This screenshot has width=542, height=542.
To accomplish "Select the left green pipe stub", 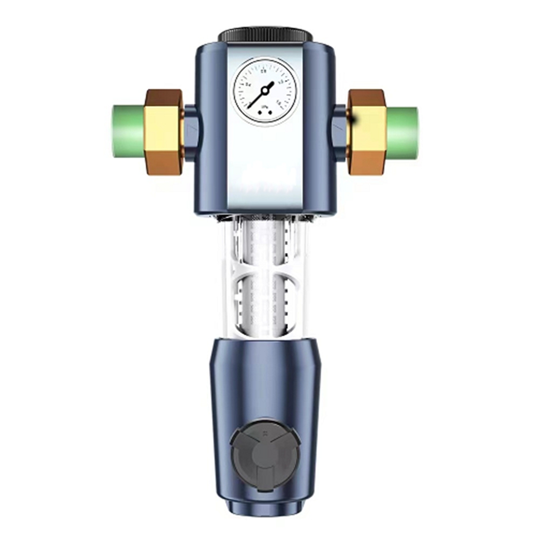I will pos(128,132).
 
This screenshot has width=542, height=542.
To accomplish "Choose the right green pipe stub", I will pos(403,132).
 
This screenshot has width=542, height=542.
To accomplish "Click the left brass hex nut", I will pos(164,132).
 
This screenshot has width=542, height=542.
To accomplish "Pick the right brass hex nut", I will pos(367,132).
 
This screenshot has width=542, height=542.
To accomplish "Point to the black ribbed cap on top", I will pos(265,35).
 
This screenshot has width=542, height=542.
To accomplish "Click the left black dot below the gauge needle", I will pos(259,113).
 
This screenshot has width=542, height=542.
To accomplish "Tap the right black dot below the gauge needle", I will pos(272,113).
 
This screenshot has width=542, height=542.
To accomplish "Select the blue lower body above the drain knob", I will pos(265,379).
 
